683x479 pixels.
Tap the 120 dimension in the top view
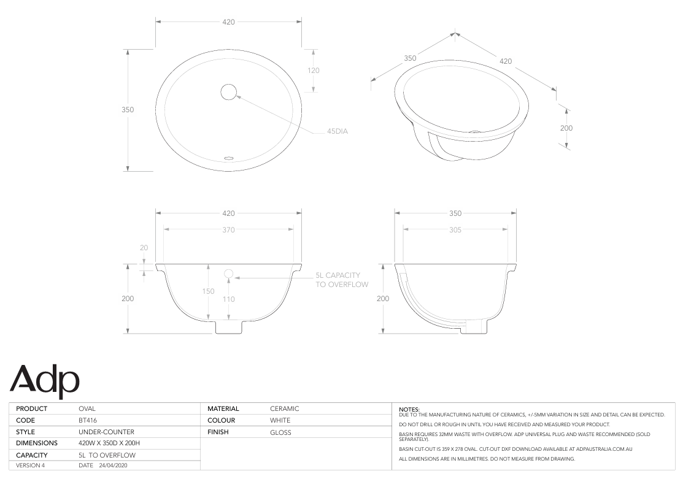tap(313, 71)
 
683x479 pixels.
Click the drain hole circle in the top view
tap(228, 91)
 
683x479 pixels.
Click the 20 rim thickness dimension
tap(144, 248)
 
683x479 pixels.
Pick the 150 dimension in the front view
tap(209, 291)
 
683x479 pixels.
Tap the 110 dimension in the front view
tap(228, 299)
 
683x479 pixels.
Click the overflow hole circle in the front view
tap(228, 273)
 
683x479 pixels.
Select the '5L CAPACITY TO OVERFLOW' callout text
tap(342, 280)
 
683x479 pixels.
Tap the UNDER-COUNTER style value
tap(106, 432)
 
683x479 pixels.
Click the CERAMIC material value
tap(284, 408)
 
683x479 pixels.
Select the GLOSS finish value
tap(280, 432)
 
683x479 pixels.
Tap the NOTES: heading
tap(409, 408)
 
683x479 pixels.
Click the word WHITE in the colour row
tap(280, 420)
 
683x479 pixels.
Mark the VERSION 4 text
tap(30, 466)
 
